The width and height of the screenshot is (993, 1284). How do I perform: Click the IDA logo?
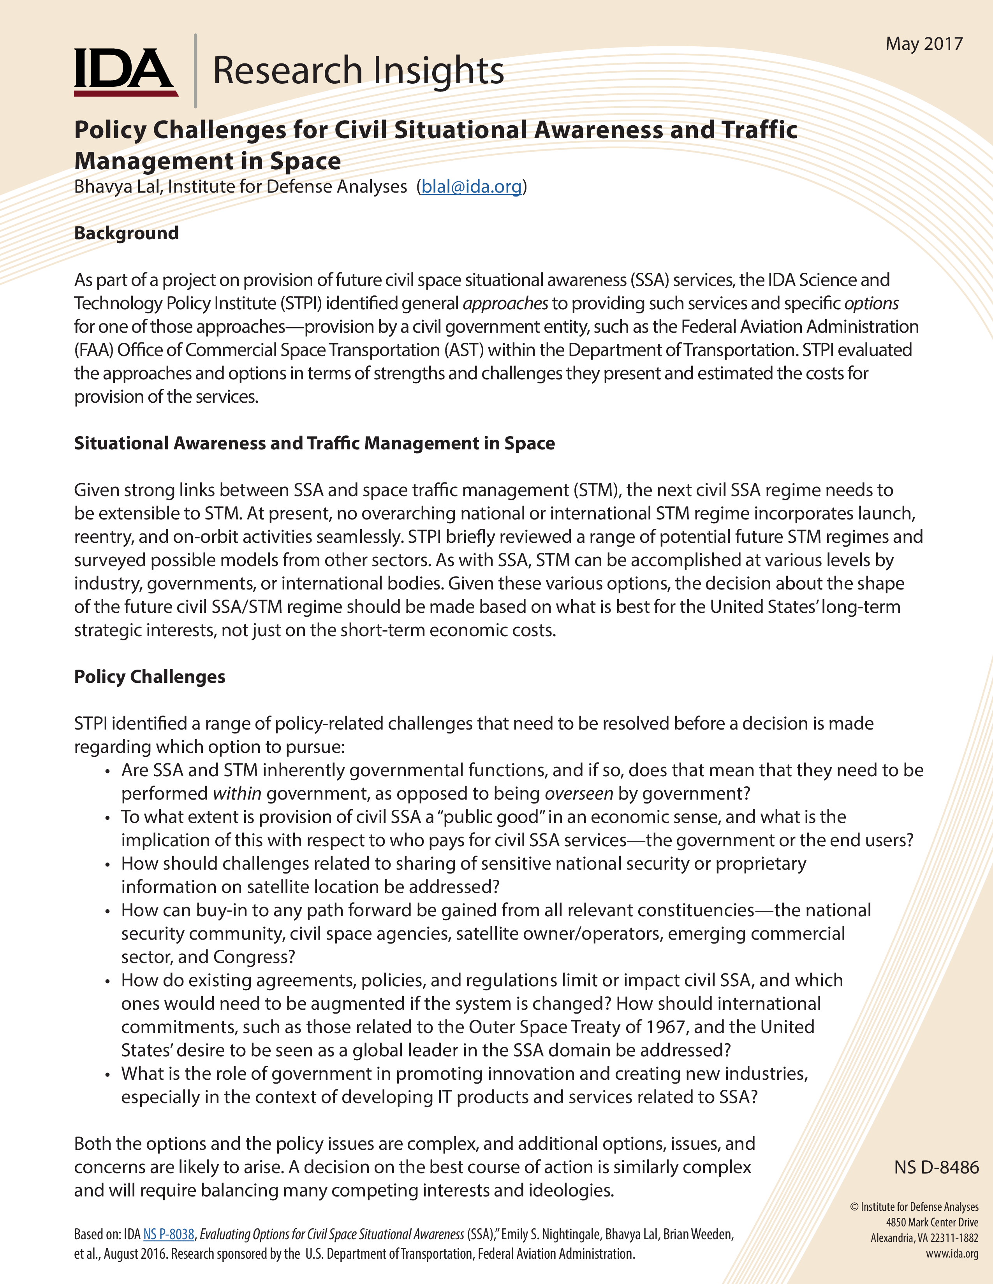click(125, 72)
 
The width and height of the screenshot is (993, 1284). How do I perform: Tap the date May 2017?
click(924, 44)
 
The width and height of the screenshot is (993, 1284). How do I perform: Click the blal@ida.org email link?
click(471, 187)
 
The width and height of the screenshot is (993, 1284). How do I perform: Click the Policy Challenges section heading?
click(150, 677)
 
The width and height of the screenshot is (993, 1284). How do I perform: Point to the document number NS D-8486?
click(936, 1167)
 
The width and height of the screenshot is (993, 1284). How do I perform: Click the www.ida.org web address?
click(952, 1253)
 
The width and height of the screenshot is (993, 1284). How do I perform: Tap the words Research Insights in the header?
click(357, 70)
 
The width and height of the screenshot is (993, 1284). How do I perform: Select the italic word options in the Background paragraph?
click(871, 303)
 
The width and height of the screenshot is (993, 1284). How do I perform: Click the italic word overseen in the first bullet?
click(579, 794)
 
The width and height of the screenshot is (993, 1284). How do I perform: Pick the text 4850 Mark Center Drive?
click(932, 1222)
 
